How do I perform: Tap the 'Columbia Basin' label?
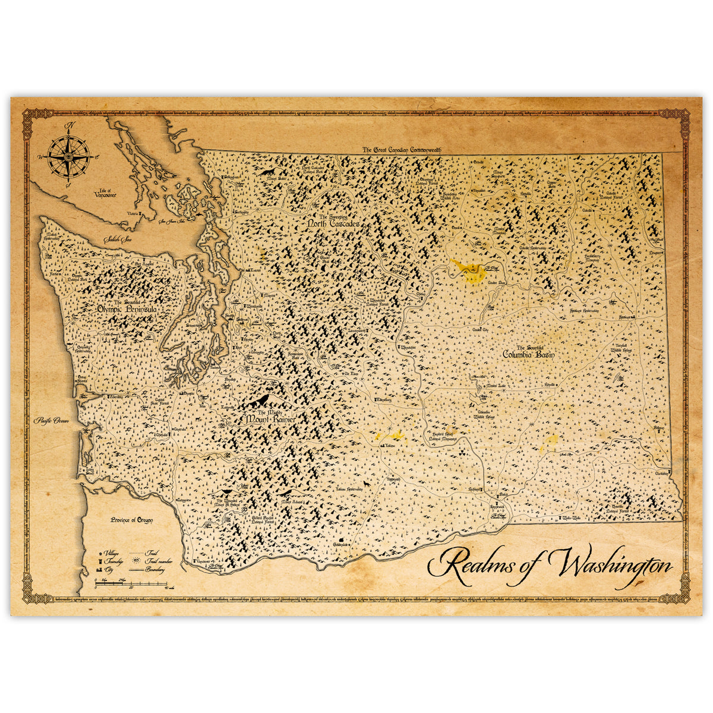click(x=528, y=354)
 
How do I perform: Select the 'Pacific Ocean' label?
click(x=52, y=420)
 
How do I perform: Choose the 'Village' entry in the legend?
click(x=111, y=553)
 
